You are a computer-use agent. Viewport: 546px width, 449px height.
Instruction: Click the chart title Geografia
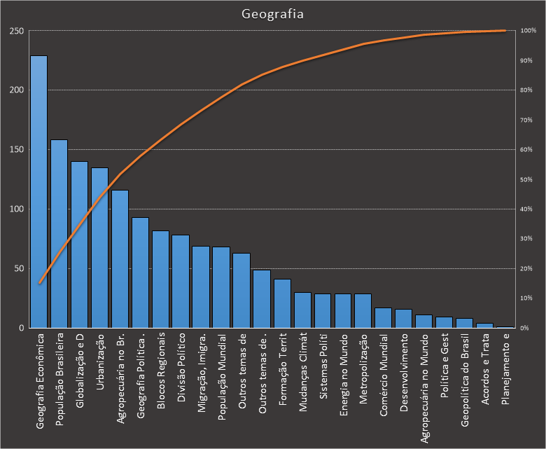point(272,14)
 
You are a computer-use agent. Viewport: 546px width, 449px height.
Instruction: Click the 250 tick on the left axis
point(16,31)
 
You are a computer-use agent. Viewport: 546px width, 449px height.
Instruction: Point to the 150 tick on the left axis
point(16,150)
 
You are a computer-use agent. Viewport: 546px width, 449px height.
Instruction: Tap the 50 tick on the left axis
point(18,268)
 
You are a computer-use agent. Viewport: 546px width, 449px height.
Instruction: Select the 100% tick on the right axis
point(528,31)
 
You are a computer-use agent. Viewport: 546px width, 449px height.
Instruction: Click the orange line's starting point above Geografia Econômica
point(39,284)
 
